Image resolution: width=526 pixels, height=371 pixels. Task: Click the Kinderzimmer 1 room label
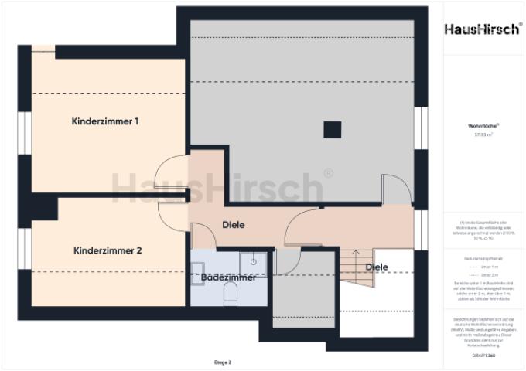(105, 121)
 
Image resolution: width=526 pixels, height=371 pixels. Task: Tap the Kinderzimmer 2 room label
(108, 250)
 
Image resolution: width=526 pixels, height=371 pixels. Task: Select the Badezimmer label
(228, 277)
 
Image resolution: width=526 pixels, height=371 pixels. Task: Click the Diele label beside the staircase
(377, 267)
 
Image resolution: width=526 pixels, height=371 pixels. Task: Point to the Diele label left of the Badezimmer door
(234, 225)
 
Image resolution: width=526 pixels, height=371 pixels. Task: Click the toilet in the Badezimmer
(230, 291)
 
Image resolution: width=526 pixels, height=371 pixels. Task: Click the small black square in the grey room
(332, 129)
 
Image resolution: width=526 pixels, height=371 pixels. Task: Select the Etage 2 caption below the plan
(223, 362)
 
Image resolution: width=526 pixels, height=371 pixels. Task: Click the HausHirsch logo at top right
(481, 29)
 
